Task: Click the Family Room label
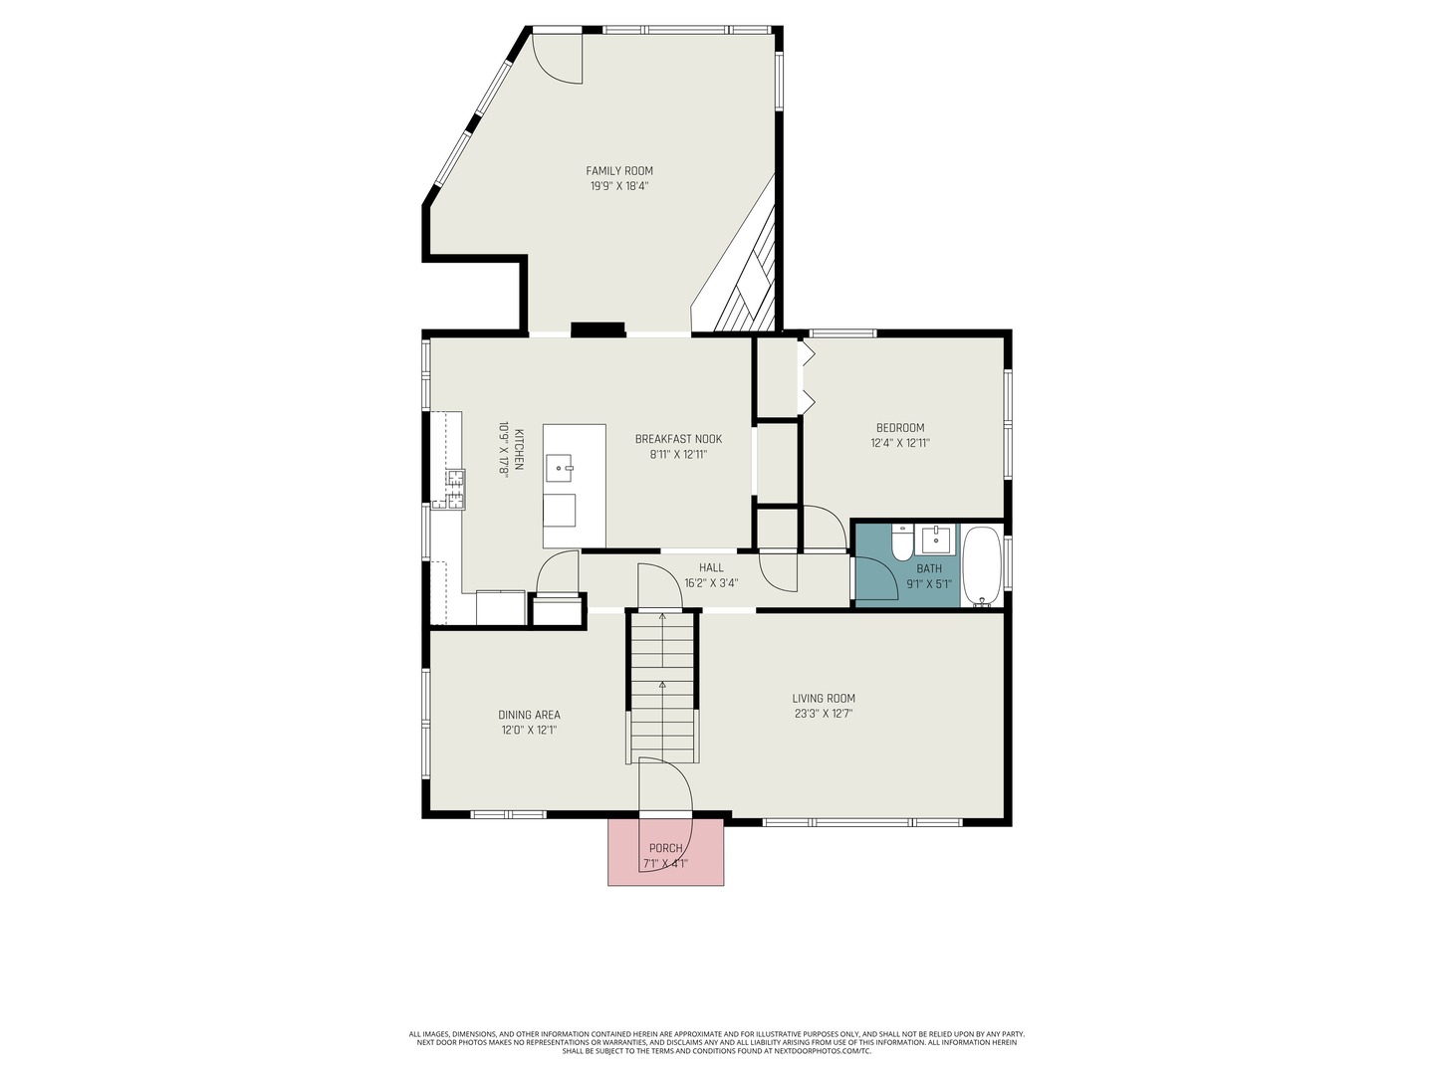[x=618, y=171]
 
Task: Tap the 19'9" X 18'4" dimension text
[x=618, y=186]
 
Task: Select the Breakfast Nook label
[x=678, y=439]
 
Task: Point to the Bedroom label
[x=899, y=428]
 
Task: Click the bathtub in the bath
[x=982, y=566]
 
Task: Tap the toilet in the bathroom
[x=902, y=542]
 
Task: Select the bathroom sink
[x=935, y=538]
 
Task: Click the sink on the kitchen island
[x=560, y=468]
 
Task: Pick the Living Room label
[x=824, y=699]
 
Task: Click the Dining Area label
[x=529, y=715]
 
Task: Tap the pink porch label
[x=665, y=848]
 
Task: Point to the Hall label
[x=711, y=567]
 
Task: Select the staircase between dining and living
[x=662, y=686]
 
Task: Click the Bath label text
[x=928, y=569]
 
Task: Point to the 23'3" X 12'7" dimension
[x=824, y=714]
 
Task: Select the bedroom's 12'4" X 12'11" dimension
[x=899, y=443]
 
